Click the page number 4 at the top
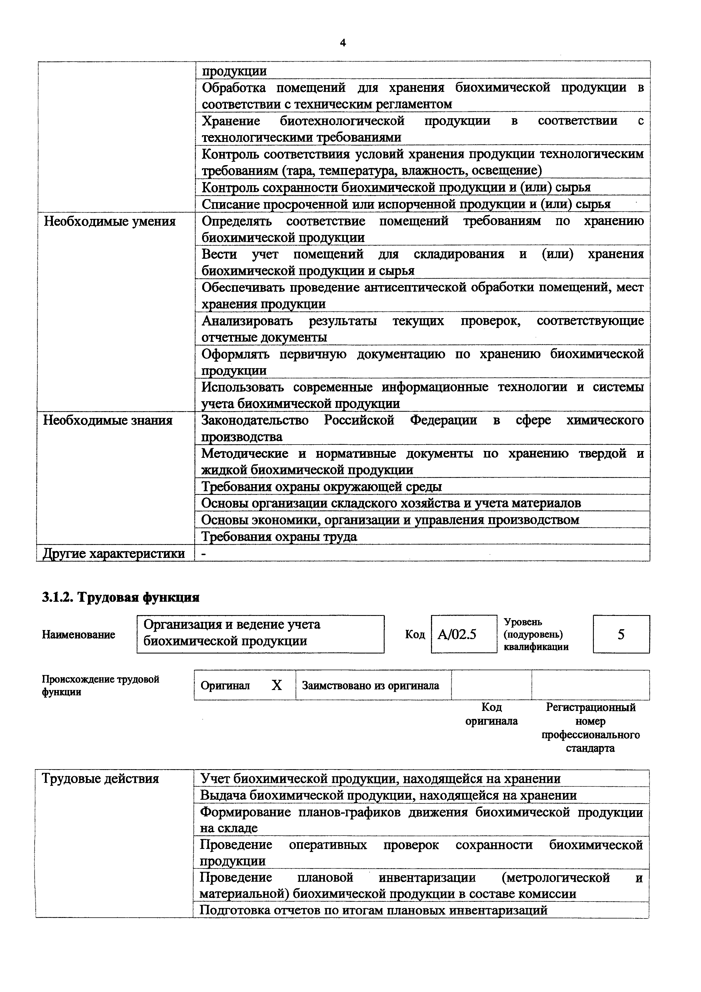pyautogui.click(x=343, y=43)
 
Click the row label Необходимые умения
pyautogui.click(x=110, y=222)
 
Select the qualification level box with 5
pyautogui.click(x=621, y=634)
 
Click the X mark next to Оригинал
pyautogui.click(x=277, y=685)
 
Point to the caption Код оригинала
pyautogui.click(x=491, y=714)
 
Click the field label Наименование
pyautogui.click(x=79, y=635)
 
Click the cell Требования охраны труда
pyautogui.click(x=279, y=537)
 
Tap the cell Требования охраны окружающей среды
pyautogui.click(x=322, y=487)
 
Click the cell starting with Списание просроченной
pyautogui.click(x=406, y=204)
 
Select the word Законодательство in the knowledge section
pyautogui.click(x=255, y=420)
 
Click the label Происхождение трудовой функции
pyautogui.click(x=100, y=686)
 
